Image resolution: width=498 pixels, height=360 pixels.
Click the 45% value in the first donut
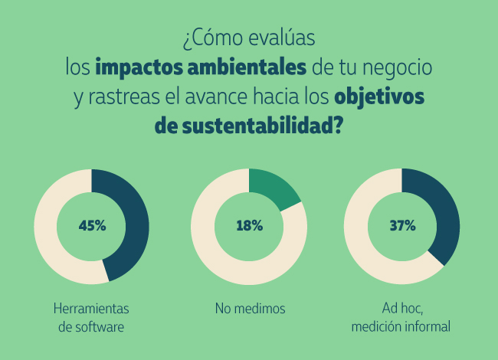point(92,226)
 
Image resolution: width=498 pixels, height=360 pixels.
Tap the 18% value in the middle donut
point(249,226)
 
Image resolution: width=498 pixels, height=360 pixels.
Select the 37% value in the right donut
point(402,226)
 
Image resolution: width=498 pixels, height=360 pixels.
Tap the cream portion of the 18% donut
point(222,253)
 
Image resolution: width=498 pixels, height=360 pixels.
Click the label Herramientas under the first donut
point(91,309)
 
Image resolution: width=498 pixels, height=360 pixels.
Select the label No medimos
point(250,309)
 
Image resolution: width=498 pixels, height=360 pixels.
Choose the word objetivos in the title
point(379,99)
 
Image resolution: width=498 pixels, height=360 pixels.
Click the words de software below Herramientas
point(91,327)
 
